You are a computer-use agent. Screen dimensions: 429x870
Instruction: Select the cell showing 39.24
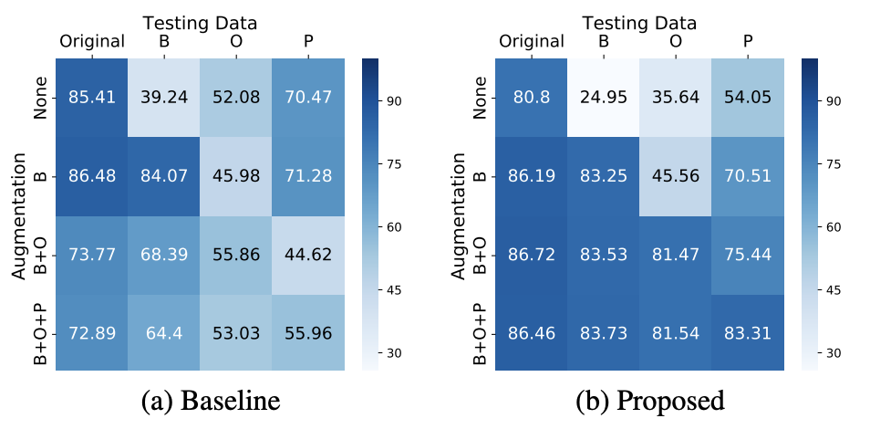pos(165,98)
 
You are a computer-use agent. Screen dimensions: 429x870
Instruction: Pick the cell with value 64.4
pos(165,333)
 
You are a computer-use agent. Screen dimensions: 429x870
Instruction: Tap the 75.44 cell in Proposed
pos(748,256)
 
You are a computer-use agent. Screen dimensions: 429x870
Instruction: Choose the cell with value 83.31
pos(748,333)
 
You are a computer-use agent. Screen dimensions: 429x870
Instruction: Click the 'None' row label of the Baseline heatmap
pos(40,98)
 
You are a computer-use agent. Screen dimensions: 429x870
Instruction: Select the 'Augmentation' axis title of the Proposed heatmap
pos(458,216)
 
